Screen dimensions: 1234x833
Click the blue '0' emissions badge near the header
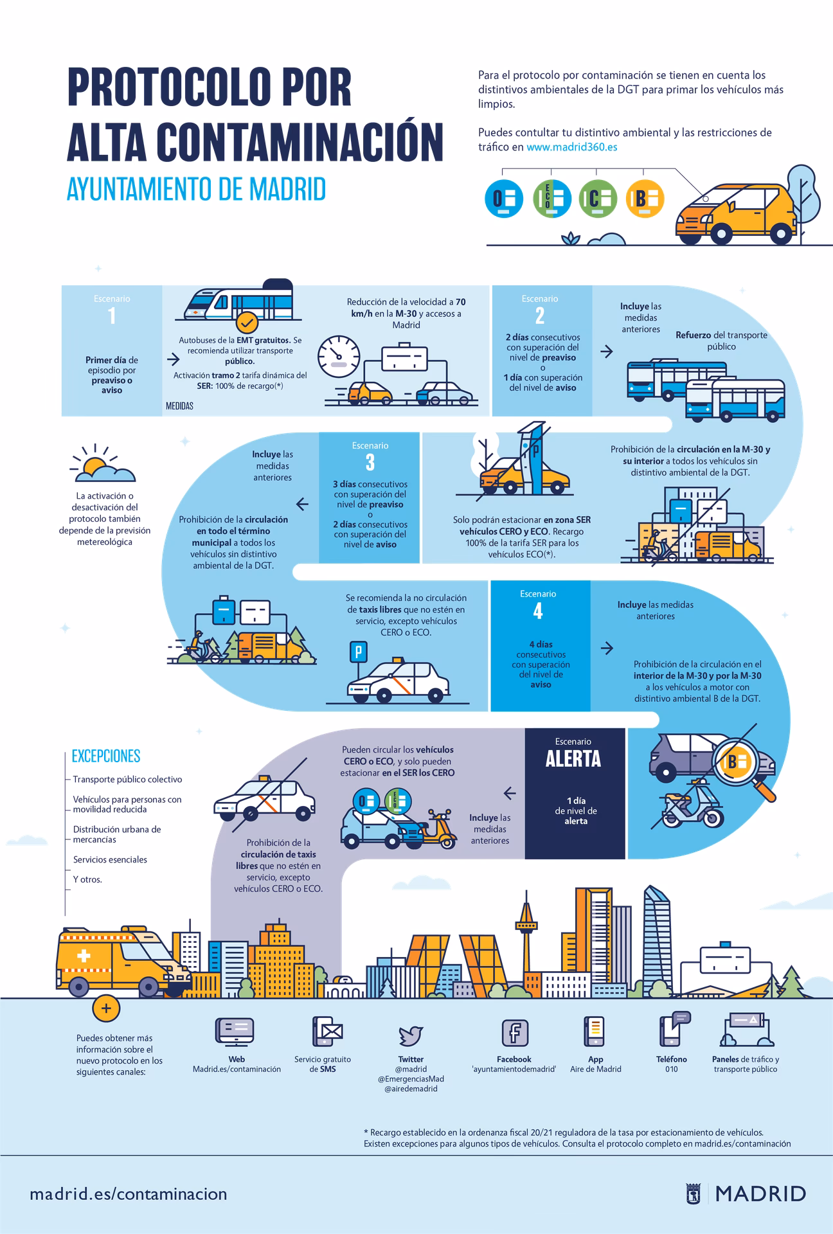(x=503, y=199)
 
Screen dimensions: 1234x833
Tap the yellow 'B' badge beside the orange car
(x=644, y=199)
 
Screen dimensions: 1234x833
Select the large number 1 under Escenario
(x=112, y=316)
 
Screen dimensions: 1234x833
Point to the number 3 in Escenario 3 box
(x=370, y=463)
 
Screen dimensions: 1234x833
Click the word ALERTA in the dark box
(x=573, y=759)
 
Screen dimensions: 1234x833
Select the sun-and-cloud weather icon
(x=103, y=465)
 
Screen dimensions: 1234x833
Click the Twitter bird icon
(x=411, y=1035)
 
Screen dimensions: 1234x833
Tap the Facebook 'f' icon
(x=514, y=1033)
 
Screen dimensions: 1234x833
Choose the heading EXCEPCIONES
(x=106, y=756)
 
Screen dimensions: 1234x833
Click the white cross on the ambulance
(x=84, y=956)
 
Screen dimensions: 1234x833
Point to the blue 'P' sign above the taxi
(x=357, y=652)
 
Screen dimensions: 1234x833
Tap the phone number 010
(x=671, y=1069)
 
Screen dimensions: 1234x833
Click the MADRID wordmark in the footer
(x=760, y=1194)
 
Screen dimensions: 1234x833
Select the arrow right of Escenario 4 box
(x=606, y=648)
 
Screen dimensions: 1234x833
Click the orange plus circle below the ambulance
(x=106, y=1008)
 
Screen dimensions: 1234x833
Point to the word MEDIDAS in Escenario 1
(x=179, y=406)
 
